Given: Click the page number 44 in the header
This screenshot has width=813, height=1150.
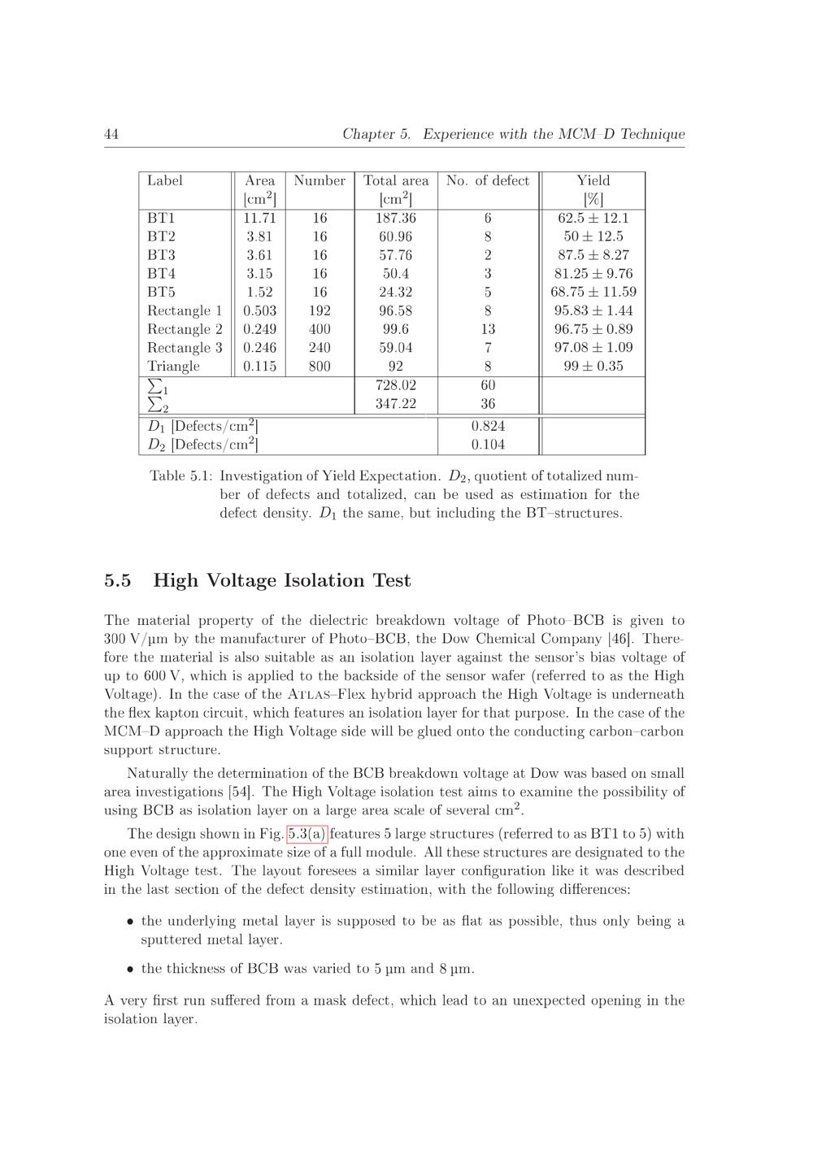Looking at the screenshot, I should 111,134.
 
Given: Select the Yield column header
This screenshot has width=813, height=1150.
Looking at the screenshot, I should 593,180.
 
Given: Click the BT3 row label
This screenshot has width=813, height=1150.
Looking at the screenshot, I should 161,255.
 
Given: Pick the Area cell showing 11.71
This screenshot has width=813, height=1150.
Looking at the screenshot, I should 259,218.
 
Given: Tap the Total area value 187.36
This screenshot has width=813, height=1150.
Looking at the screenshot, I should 396,218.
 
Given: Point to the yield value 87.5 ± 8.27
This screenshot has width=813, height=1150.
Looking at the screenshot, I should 593,255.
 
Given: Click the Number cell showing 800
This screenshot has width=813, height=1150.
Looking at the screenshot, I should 320,367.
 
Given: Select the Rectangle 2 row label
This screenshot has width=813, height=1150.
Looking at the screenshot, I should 185,329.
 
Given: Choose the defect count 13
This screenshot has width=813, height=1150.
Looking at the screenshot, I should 488,329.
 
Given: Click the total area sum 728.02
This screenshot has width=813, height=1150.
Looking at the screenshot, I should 396,385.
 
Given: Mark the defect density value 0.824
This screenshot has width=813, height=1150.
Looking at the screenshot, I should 488,426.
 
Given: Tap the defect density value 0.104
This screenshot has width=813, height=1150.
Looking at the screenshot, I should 488,445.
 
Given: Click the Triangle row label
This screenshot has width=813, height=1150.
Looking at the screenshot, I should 173,367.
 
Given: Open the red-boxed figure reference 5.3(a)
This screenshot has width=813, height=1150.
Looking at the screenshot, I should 307,834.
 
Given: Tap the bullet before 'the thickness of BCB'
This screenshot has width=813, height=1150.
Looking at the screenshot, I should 130,969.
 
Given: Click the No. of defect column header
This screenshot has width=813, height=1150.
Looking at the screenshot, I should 488,180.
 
